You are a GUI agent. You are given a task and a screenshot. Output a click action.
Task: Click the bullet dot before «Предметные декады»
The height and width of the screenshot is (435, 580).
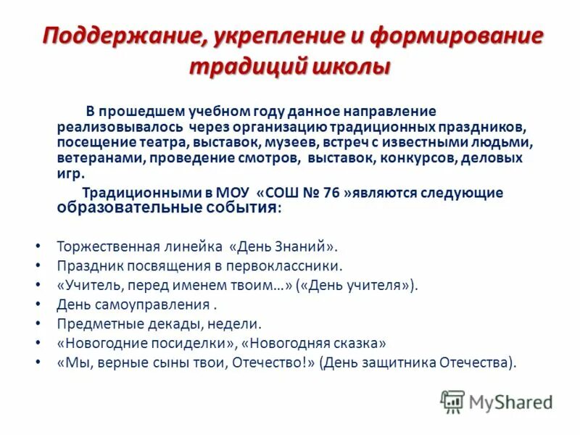click(37, 325)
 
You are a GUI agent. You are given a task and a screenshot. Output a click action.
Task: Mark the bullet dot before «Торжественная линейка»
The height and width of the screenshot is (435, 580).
click(37, 246)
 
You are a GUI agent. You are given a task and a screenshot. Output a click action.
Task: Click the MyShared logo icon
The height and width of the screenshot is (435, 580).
click(452, 402)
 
